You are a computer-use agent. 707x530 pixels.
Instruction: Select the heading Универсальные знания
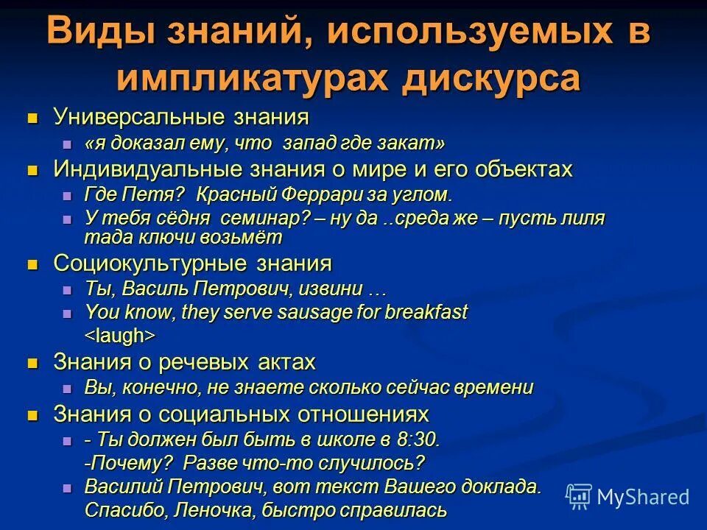[181, 117]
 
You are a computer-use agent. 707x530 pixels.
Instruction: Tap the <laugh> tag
[119, 335]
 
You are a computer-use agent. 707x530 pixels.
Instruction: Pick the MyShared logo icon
[579, 496]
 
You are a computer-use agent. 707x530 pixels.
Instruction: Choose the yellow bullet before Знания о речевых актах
[32, 363]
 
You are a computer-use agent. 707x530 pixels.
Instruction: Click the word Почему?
[130, 463]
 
